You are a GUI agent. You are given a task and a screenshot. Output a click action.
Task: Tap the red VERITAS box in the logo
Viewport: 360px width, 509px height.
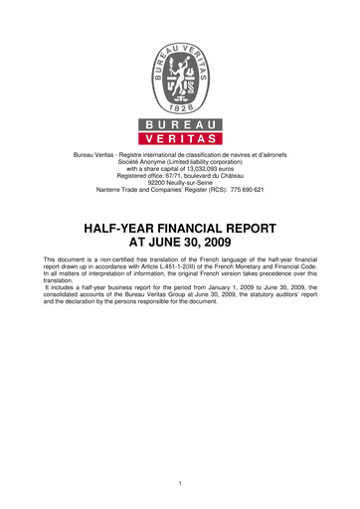(180, 139)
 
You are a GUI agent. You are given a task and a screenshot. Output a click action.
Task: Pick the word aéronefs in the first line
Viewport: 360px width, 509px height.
(270, 153)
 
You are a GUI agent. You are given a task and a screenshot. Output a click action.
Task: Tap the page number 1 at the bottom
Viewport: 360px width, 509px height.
(180, 484)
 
